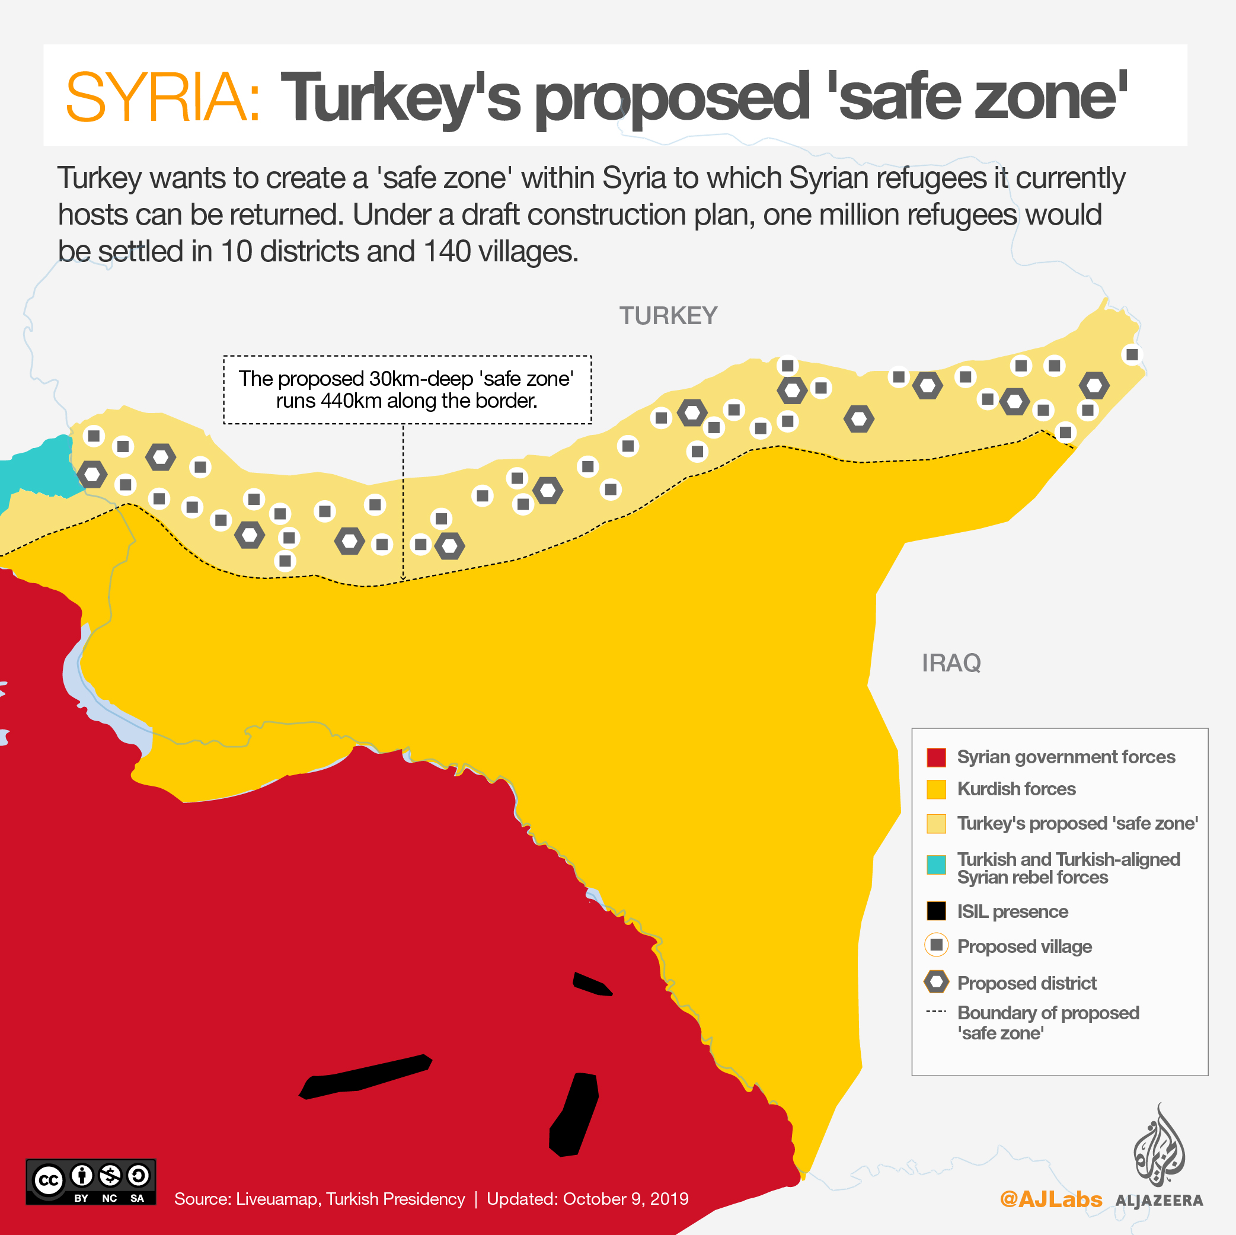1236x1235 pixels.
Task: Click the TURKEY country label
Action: point(668,316)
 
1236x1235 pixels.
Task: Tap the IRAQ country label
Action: point(951,663)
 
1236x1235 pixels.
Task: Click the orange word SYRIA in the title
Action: point(162,97)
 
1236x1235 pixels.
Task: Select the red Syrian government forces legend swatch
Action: point(936,757)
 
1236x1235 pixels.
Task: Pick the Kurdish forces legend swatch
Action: point(936,789)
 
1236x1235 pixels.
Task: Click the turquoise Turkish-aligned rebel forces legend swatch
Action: point(936,865)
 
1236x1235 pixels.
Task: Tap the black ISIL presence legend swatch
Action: point(936,911)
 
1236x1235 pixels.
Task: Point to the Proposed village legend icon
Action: point(936,945)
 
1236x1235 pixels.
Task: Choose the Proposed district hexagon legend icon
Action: point(936,982)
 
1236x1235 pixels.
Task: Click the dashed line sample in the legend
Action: point(936,1012)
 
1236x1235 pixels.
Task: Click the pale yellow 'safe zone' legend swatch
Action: point(936,824)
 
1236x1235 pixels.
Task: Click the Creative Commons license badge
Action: point(90,1182)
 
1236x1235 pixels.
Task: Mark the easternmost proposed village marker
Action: point(1132,354)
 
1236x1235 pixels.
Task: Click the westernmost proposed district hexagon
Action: point(92,475)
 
